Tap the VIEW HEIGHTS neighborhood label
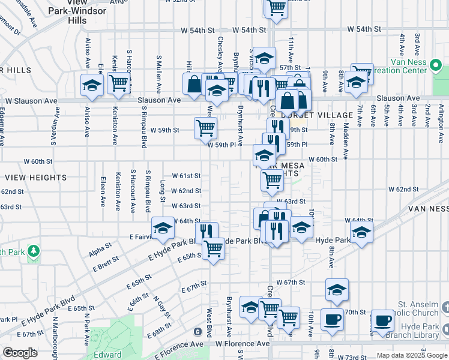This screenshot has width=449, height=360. click(31, 178)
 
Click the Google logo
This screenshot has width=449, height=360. click(20, 353)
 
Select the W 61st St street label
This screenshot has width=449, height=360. click(185, 176)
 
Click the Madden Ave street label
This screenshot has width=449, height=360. click(346, 136)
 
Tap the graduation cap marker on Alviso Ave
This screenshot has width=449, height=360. click(92, 86)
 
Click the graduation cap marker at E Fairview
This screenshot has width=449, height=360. click(163, 228)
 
